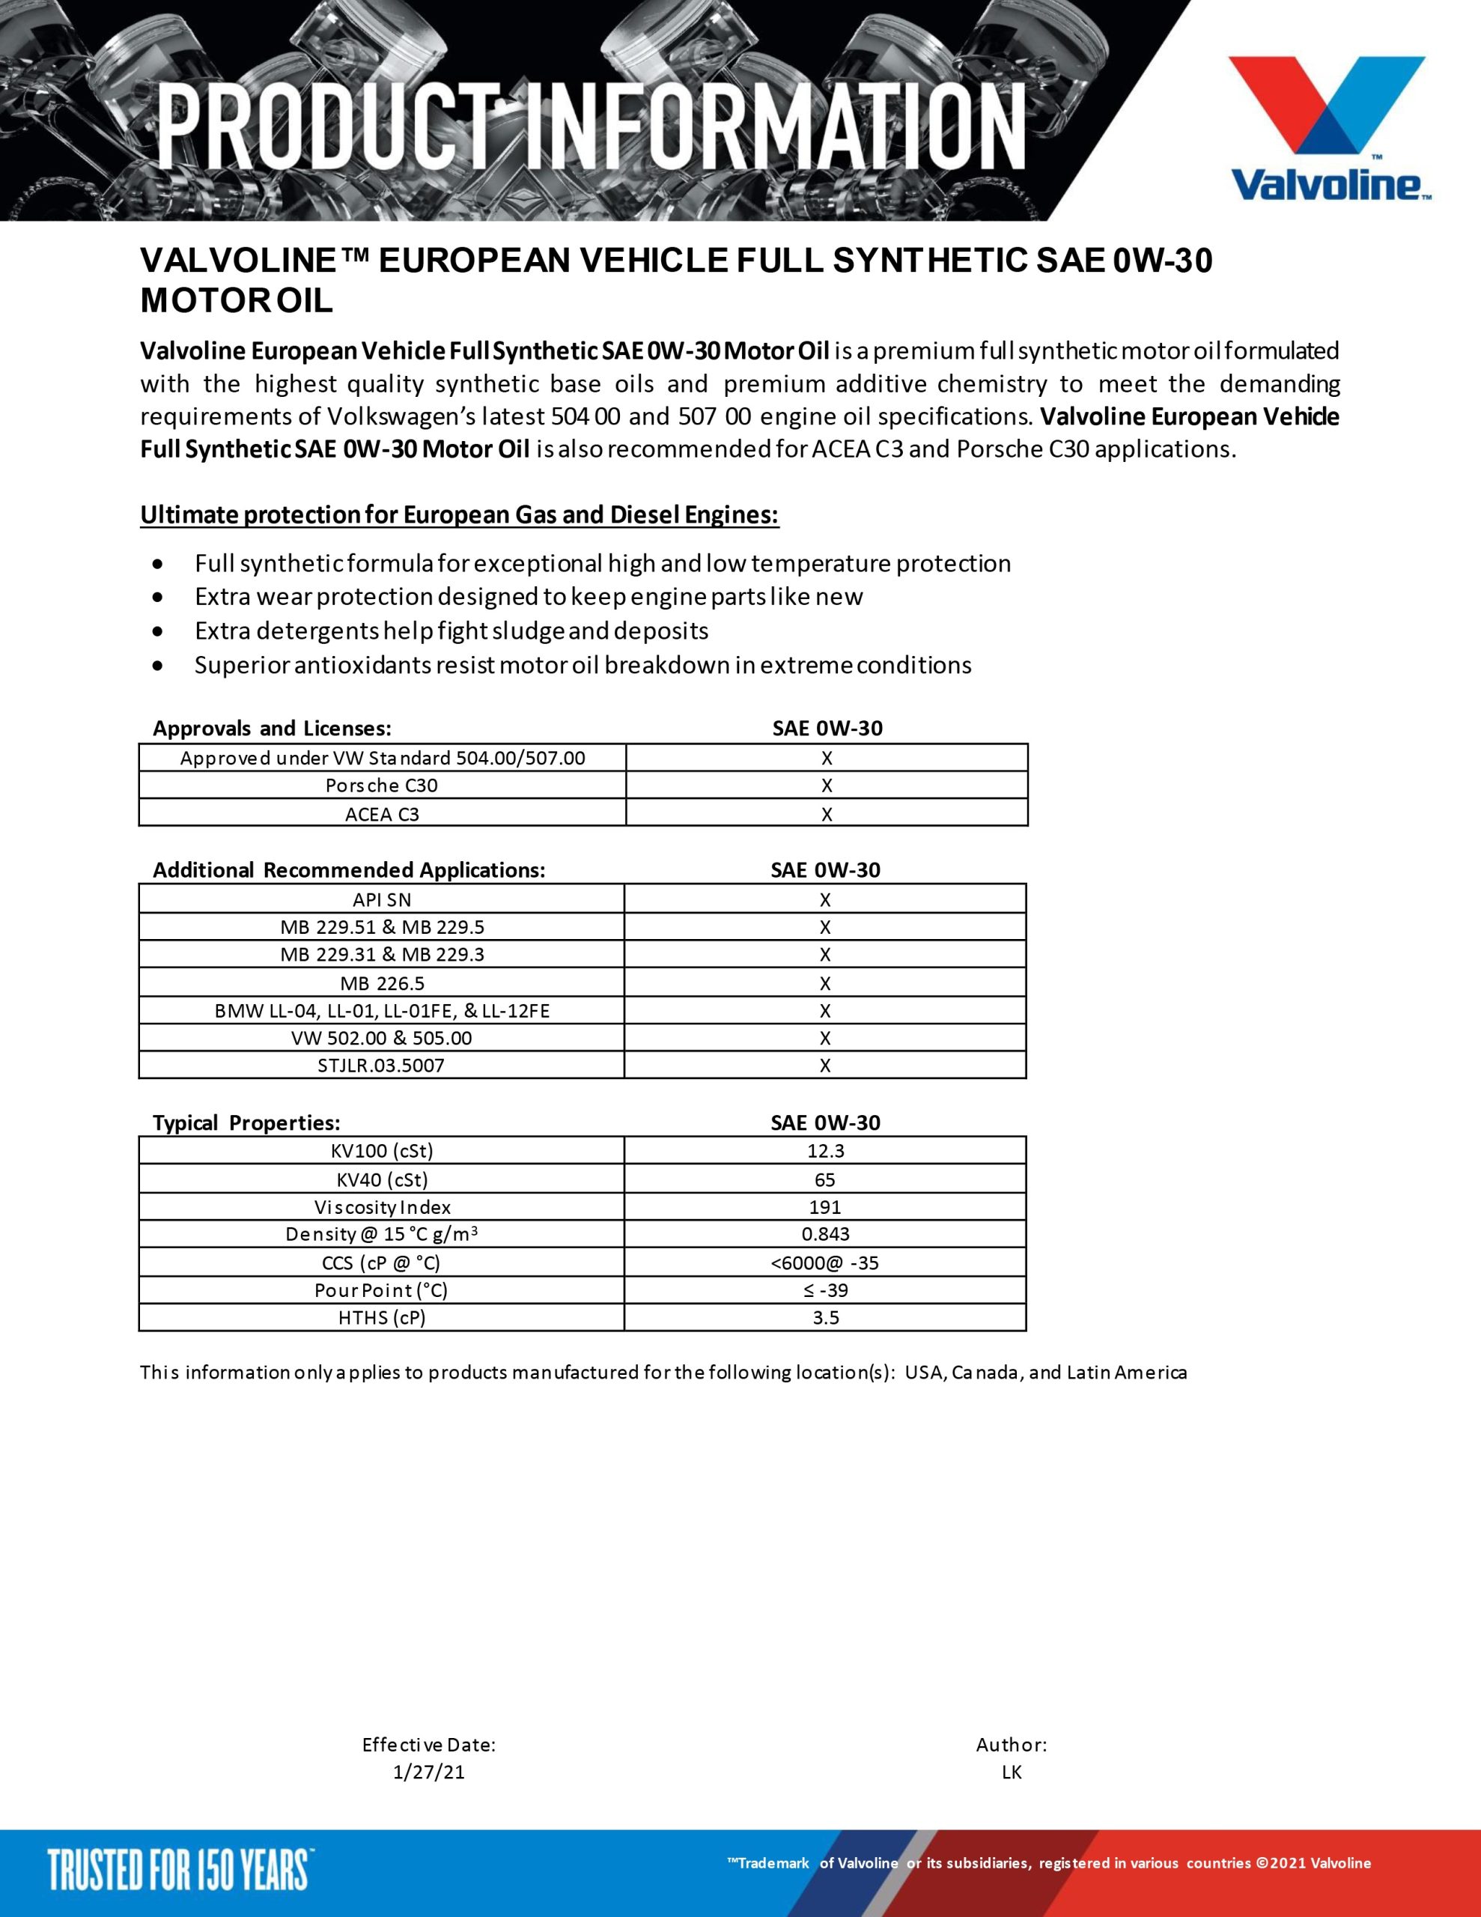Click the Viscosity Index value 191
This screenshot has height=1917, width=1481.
[x=825, y=1207]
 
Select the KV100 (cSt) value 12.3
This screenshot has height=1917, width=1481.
[x=825, y=1151]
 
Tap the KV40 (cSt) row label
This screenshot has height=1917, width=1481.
[x=382, y=1179]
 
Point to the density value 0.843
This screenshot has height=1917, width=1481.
[x=825, y=1234]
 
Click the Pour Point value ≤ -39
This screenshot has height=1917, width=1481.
[x=825, y=1289]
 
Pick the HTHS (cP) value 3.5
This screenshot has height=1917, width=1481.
[x=825, y=1317]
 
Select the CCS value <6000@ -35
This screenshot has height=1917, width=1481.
[x=825, y=1263]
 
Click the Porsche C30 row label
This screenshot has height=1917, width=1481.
[x=382, y=786]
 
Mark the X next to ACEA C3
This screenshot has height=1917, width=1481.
[x=826, y=814]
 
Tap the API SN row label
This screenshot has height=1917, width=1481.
[x=382, y=899]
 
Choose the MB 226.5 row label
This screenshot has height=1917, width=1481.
[x=382, y=983]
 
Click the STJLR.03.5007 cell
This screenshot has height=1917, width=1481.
[x=382, y=1066]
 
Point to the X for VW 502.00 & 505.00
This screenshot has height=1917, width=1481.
[x=825, y=1039]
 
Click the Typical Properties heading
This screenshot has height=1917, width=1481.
[x=246, y=1122]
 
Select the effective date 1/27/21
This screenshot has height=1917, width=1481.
[x=429, y=1772]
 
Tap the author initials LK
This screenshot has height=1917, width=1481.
[x=1012, y=1772]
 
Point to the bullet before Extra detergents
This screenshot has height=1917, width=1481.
[x=157, y=631]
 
